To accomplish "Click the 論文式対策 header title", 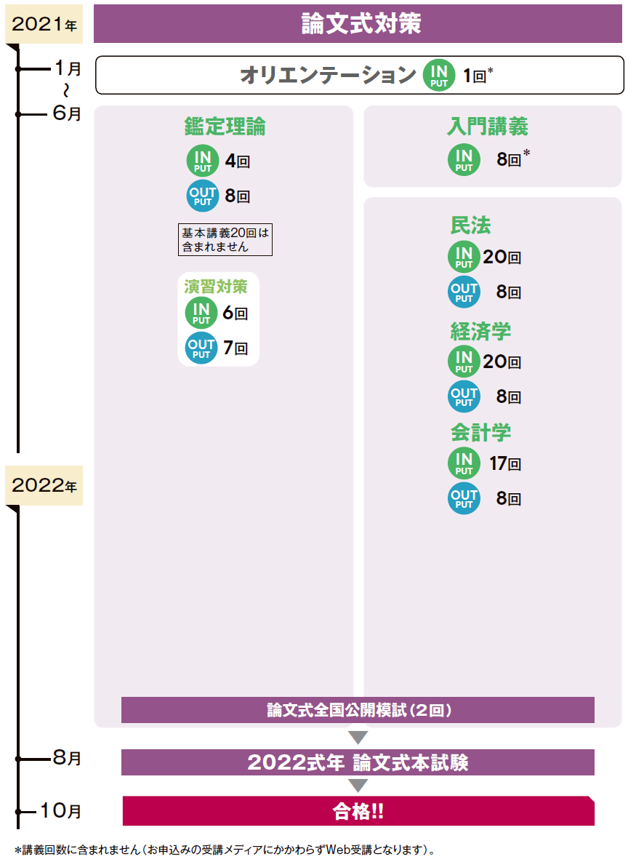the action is (x=361, y=23).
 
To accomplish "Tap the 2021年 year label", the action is (x=44, y=24).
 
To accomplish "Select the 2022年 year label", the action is (x=44, y=485).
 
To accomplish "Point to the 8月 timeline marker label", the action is (x=67, y=757).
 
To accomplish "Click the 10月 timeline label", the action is (x=61, y=810).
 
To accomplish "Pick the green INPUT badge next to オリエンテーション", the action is (x=439, y=75).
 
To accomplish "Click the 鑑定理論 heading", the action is (x=225, y=127).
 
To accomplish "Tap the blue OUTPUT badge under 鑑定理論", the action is (x=203, y=196).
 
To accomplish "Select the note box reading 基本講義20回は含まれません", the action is (x=225, y=239).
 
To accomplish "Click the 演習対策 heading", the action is (x=215, y=287).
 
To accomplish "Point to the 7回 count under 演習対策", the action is (x=235, y=348).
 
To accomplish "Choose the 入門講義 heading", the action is (x=487, y=127).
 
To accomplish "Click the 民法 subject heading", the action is (x=471, y=226).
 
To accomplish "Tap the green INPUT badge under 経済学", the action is (x=464, y=362).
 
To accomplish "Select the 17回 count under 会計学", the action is (x=505, y=463).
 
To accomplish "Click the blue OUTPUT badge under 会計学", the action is (x=464, y=498).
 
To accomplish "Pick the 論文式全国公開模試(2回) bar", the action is (x=358, y=710).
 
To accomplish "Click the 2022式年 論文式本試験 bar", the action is (x=358, y=762).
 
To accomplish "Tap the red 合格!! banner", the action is (x=358, y=811).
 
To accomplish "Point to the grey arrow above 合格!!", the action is (x=358, y=785).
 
